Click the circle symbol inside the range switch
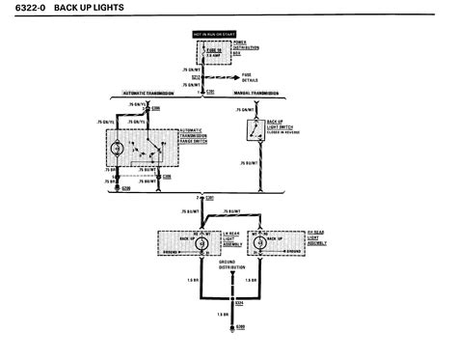(117, 149)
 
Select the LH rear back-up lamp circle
(202, 244)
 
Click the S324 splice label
(239, 304)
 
